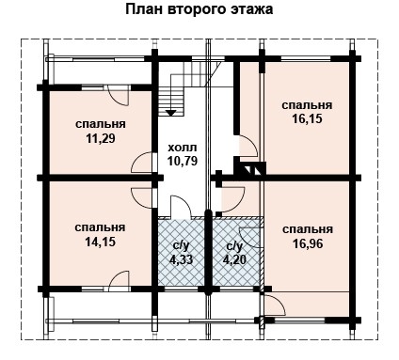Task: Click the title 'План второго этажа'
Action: (x=199, y=11)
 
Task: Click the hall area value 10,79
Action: (x=182, y=161)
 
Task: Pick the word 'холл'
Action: (x=181, y=148)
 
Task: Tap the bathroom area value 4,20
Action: (x=233, y=258)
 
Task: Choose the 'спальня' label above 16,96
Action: (x=307, y=228)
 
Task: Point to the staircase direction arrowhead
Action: (x=170, y=112)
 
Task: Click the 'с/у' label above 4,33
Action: (x=182, y=245)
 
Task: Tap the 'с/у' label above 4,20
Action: (x=233, y=245)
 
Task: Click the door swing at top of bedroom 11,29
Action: (x=117, y=94)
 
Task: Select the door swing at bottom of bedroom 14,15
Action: (x=118, y=279)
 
